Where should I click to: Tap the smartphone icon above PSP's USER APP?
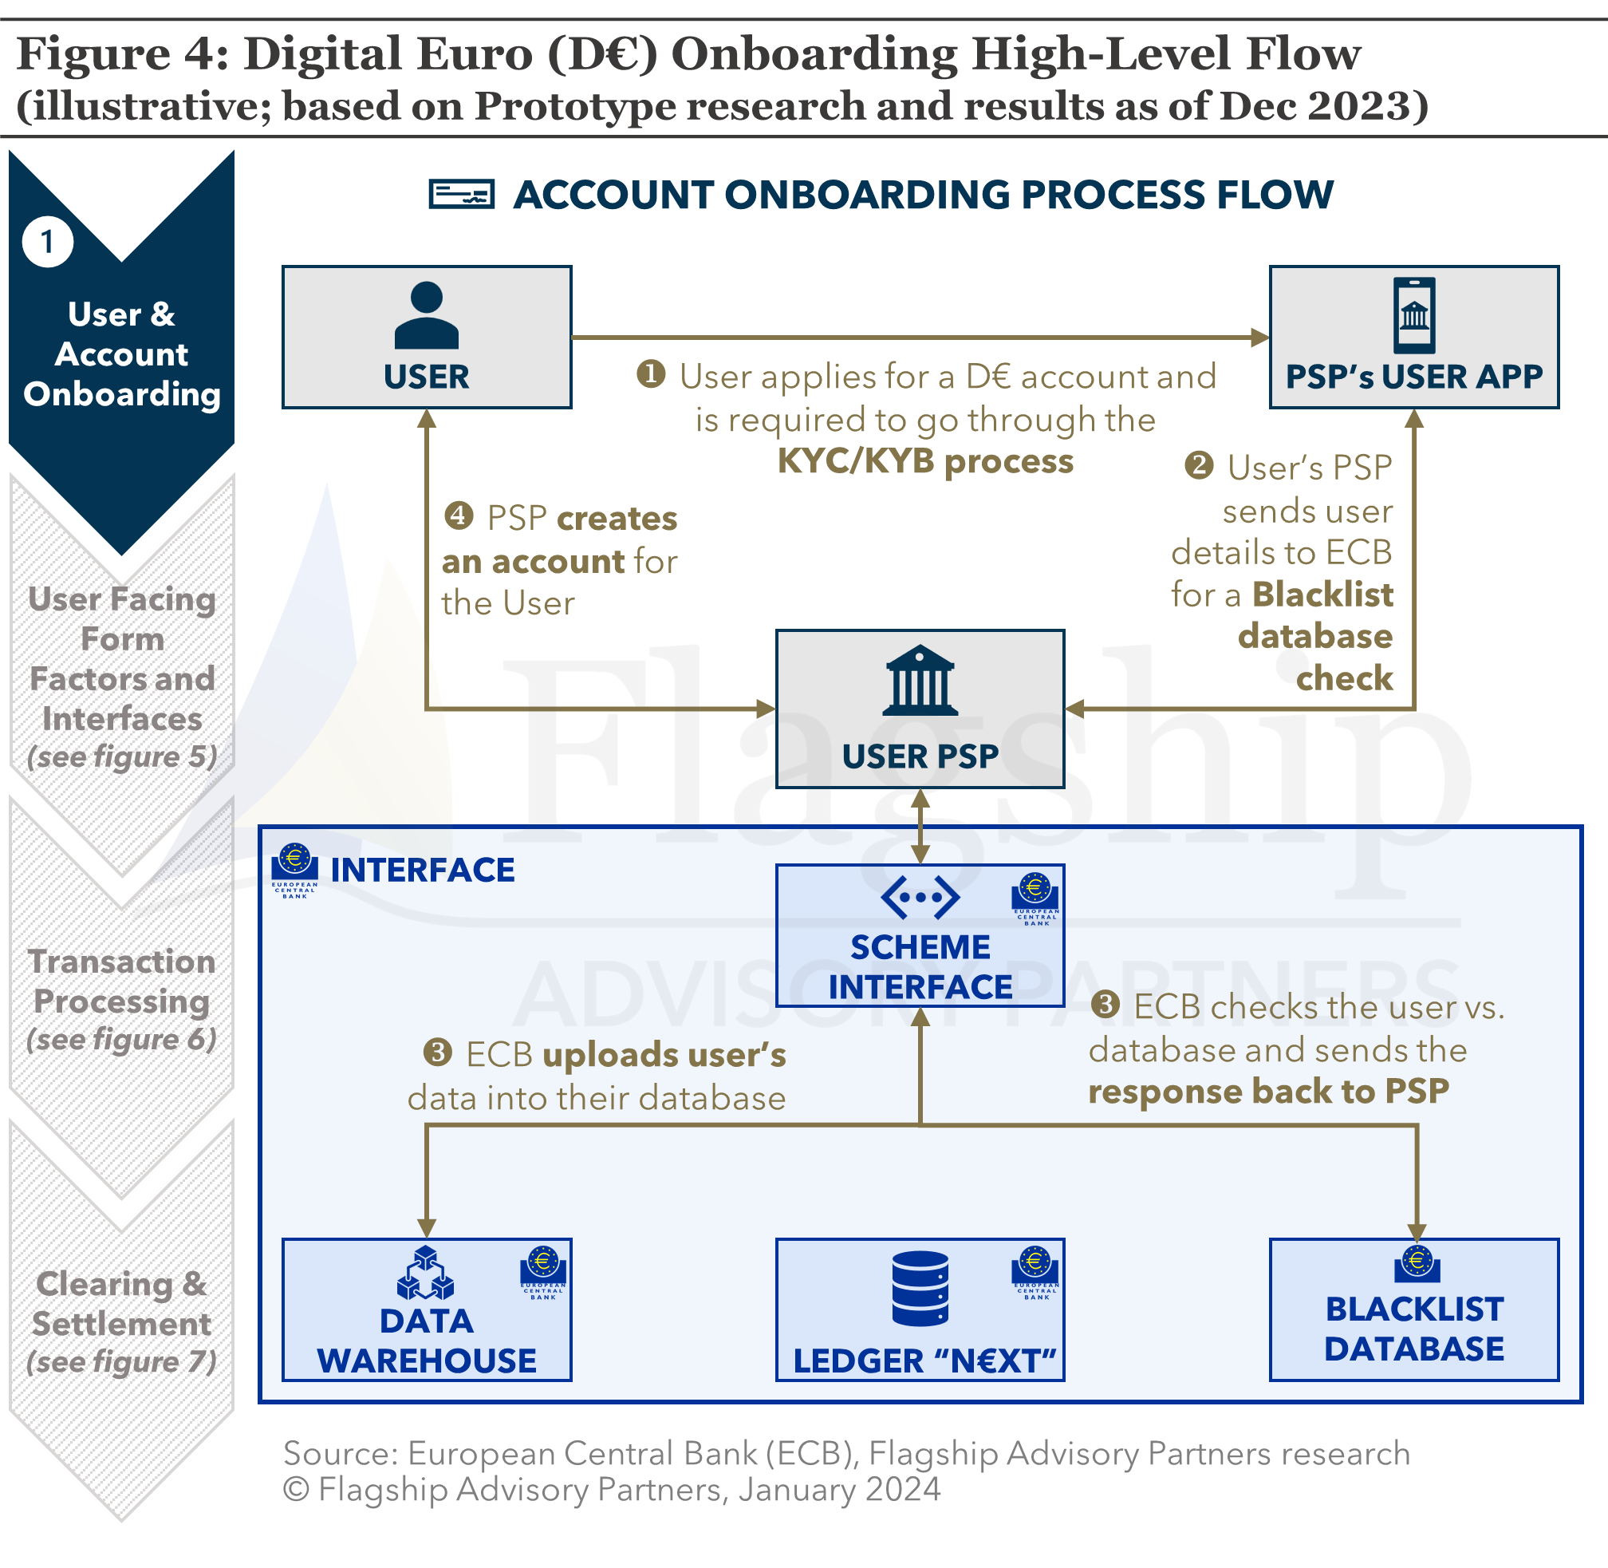[x=1413, y=314]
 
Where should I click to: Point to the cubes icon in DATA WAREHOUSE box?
[x=425, y=1274]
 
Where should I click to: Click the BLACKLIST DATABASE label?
[x=1413, y=1329]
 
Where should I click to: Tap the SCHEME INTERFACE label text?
[x=920, y=967]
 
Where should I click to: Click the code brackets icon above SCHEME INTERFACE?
[x=920, y=896]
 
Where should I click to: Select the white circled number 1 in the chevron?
[x=48, y=242]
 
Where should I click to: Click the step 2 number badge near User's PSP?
[x=1199, y=465]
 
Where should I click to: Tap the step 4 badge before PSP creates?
[x=459, y=516]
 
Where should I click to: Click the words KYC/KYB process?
[x=924, y=461]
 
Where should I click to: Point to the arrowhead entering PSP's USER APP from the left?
[x=1259, y=337]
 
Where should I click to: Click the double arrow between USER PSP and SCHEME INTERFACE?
[x=920, y=826]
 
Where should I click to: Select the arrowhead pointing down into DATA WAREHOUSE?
[x=427, y=1229]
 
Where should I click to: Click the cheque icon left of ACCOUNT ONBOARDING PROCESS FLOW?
[x=461, y=195]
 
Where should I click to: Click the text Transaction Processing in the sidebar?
[x=122, y=981]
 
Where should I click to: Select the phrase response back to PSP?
[x=1268, y=1091]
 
